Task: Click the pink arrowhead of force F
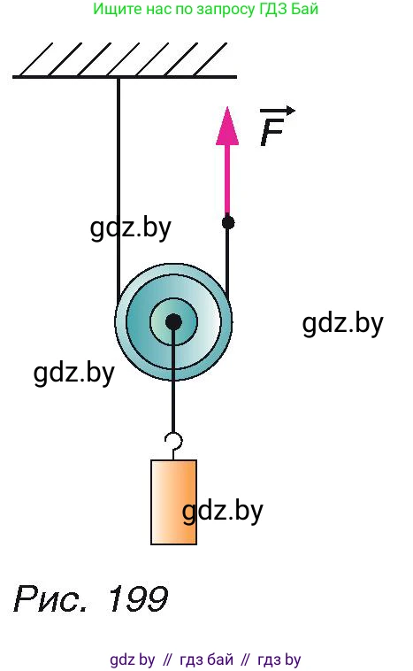click(x=227, y=127)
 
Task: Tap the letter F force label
click(x=272, y=133)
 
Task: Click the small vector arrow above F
click(x=278, y=111)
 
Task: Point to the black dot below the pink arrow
click(x=228, y=222)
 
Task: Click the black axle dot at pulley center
click(x=173, y=322)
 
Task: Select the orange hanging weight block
click(x=173, y=502)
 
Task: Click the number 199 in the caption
click(x=137, y=598)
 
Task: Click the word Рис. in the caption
click(x=51, y=598)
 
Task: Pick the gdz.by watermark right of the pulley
click(x=342, y=324)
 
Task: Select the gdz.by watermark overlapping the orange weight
click(x=222, y=512)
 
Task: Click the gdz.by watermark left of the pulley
click(x=74, y=374)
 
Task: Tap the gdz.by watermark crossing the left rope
click(x=130, y=228)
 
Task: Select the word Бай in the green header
click(x=305, y=9)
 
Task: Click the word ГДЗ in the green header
click(x=273, y=9)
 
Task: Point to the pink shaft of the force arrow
click(x=227, y=180)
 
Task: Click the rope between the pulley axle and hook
click(x=173, y=381)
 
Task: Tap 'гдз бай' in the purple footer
click(x=207, y=659)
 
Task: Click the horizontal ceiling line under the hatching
click(x=125, y=77)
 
